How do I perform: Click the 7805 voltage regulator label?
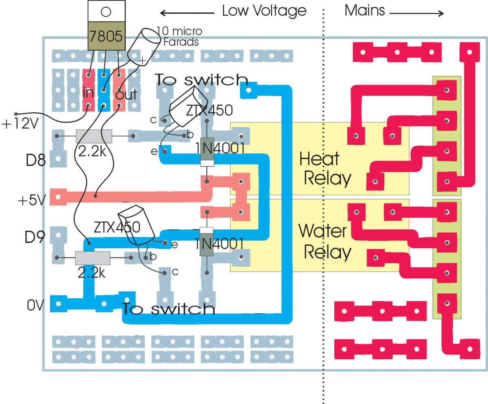[x=105, y=37]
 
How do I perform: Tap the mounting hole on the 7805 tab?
[x=105, y=11]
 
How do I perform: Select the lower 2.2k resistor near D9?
[x=93, y=258]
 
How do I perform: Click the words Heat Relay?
[x=324, y=168]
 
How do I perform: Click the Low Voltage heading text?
[x=264, y=11]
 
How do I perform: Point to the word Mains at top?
[x=364, y=10]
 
